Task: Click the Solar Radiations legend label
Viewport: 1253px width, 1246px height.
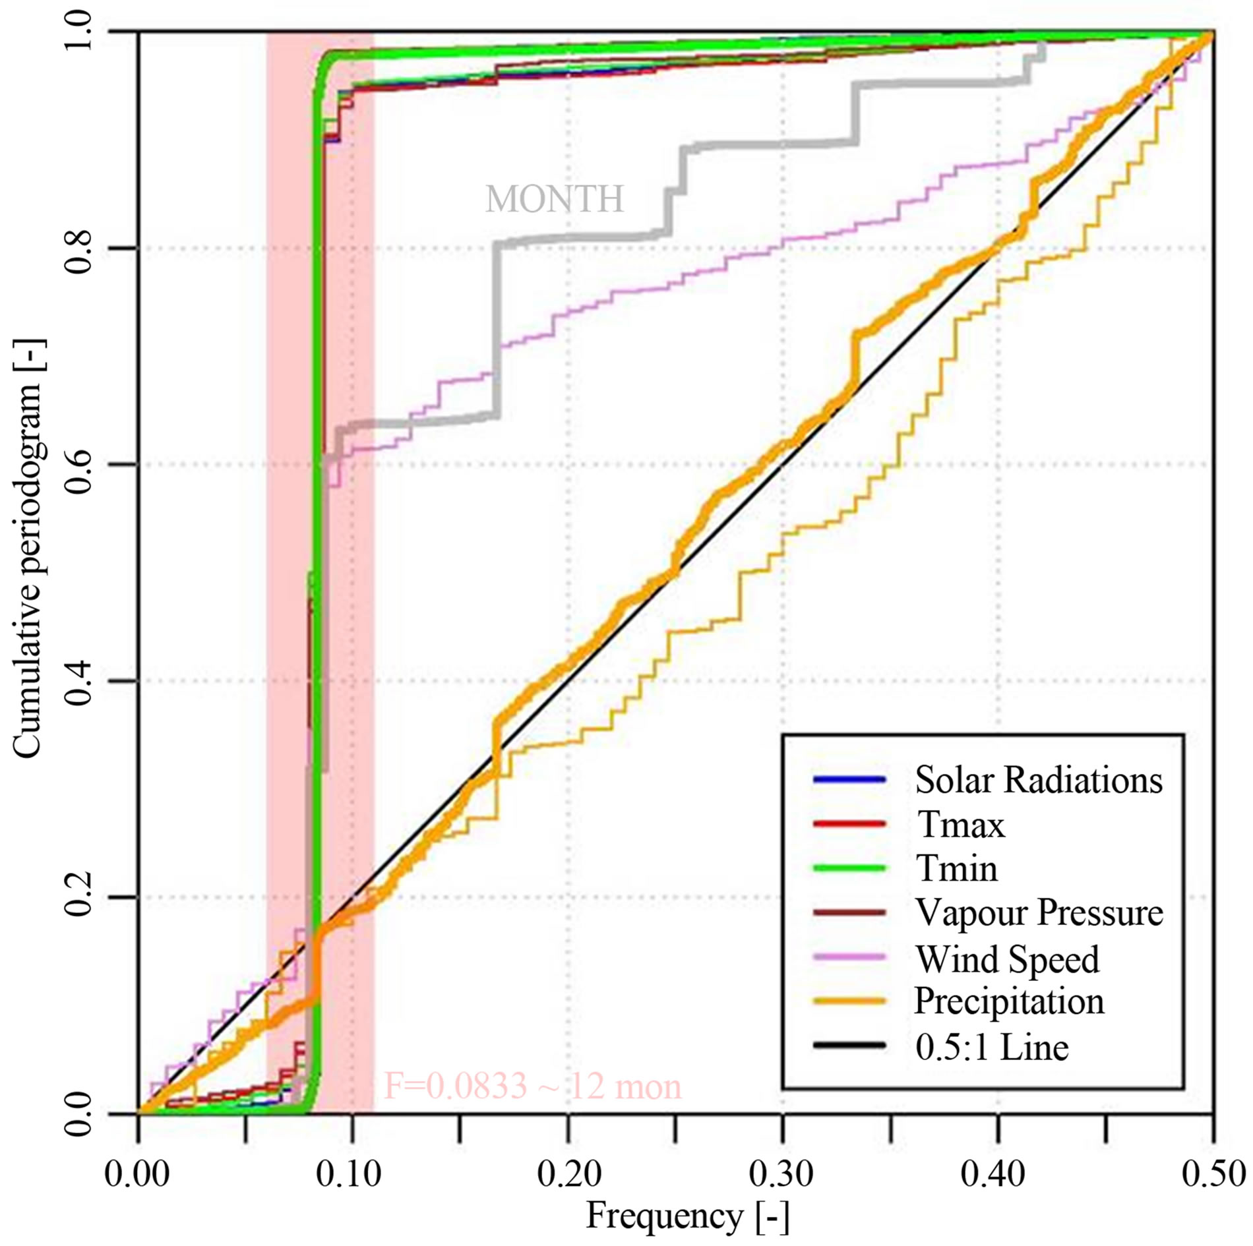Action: [1038, 780]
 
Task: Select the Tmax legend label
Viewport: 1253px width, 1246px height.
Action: [961, 825]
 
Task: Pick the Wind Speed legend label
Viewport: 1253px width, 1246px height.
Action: [1007, 958]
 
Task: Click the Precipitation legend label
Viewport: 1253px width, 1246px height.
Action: [1008, 1001]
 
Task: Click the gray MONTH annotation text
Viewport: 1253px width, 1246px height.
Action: [554, 198]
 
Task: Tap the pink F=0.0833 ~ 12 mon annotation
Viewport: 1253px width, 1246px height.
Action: [532, 1086]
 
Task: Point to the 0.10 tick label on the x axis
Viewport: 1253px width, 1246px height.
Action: [350, 1174]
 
